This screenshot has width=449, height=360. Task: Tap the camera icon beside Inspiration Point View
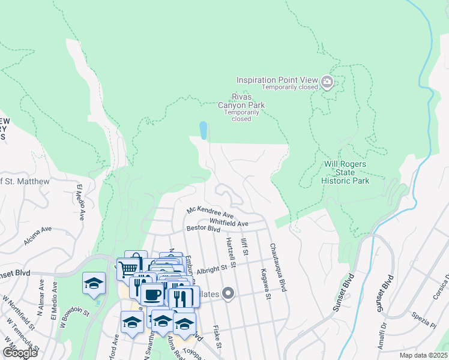pos(327,82)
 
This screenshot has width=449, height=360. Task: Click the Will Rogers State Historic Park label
pos(345,172)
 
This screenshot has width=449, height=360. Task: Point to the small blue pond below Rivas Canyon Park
pos(203,130)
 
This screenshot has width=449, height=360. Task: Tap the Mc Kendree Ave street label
pos(210,212)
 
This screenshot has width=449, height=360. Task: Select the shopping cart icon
pos(127,268)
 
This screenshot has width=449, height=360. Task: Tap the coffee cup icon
pos(153,295)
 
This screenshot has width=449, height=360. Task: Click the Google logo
pos(20,353)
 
